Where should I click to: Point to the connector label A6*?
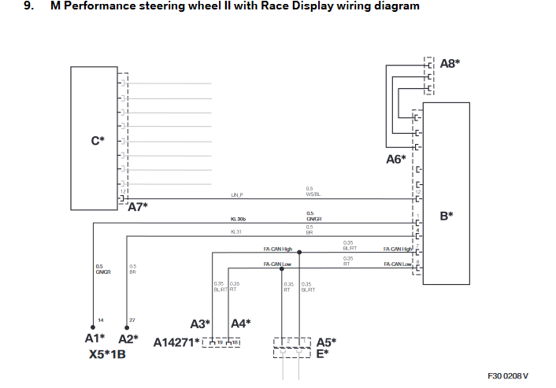click(395, 159)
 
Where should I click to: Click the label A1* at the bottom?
click(95, 338)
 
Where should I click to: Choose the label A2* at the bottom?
click(128, 338)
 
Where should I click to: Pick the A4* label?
click(241, 323)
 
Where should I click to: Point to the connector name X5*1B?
click(108, 354)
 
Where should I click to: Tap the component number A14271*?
click(176, 342)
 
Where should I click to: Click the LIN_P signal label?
click(237, 194)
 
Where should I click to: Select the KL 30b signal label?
click(238, 219)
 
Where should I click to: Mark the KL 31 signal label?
click(235, 232)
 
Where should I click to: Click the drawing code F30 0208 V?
click(508, 376)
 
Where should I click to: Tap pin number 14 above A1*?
click(101, 319)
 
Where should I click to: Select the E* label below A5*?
click(322, 353)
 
